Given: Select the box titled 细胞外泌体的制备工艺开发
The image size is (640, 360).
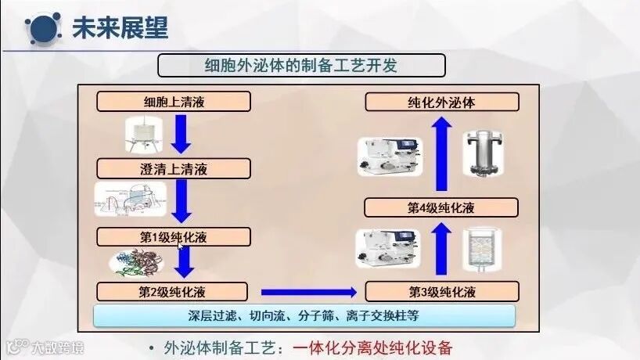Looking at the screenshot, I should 301,65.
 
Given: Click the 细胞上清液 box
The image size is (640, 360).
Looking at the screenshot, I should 174,102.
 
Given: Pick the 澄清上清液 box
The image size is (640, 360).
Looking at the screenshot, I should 174,168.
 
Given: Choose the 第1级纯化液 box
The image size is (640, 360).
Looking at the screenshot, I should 174,237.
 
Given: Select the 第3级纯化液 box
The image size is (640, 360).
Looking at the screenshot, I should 442,293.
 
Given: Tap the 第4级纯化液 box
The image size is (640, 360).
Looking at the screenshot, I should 442,207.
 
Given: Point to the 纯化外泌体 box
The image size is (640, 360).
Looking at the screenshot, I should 442,102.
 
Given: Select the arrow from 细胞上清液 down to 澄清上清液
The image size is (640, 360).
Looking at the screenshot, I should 182,135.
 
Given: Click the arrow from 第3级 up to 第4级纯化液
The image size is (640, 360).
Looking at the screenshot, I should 442,248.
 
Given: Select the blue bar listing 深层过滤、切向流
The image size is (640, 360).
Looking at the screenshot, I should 304,316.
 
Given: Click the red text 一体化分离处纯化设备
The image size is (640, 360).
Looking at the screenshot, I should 372,348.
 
